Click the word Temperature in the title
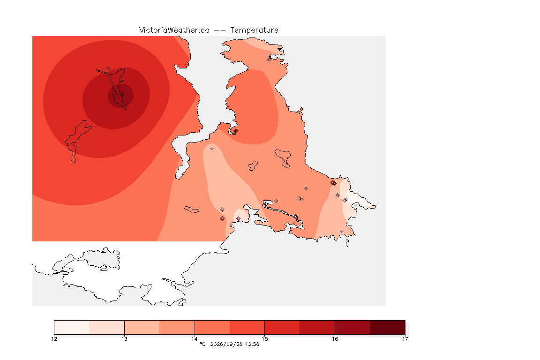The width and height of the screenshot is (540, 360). (254, 30)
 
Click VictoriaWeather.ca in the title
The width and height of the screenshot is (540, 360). (174, 30)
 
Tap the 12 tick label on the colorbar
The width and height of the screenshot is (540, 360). (54, 339)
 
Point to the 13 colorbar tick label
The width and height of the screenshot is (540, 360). (124, 339)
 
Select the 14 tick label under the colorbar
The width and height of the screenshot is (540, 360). (195, 339)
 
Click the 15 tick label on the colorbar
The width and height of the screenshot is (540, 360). (264, 339)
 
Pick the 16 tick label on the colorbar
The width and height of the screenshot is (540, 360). (335, 339)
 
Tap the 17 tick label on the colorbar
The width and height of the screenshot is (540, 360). (405, 339)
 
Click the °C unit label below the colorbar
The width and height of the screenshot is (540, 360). (202, 344)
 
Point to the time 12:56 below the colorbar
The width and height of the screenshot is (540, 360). (252, 344)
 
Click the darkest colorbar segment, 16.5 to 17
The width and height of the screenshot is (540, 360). (388, 327)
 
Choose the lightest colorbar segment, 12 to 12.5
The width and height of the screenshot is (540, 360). (72, 327)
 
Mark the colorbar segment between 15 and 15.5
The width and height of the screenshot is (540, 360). (282, 327)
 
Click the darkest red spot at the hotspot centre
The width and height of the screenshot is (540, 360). (120, 96)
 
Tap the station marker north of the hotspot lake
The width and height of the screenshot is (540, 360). (108, 69)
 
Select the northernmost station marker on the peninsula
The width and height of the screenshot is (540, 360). (270, 59)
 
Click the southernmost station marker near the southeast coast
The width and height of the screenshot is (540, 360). (341, 231)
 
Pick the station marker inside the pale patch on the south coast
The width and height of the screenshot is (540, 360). (238, 219)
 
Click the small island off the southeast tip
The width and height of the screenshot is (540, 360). (347, 243)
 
